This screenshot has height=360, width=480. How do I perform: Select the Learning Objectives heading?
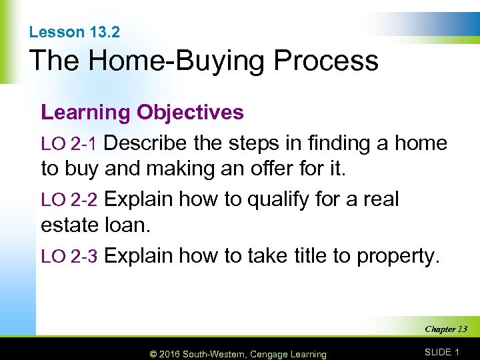[x=142, y=112]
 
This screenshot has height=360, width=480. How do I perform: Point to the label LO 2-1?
[x=69, y=144]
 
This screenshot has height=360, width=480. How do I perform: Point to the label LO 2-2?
[x=69, y=200]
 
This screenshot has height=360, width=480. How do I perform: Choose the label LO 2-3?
[x=69, y=256]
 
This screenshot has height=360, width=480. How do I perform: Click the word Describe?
[x=148, y=143]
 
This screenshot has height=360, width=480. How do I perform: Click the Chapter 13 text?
[x=445, y=329]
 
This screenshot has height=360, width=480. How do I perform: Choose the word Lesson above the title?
[x=57, y=32]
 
